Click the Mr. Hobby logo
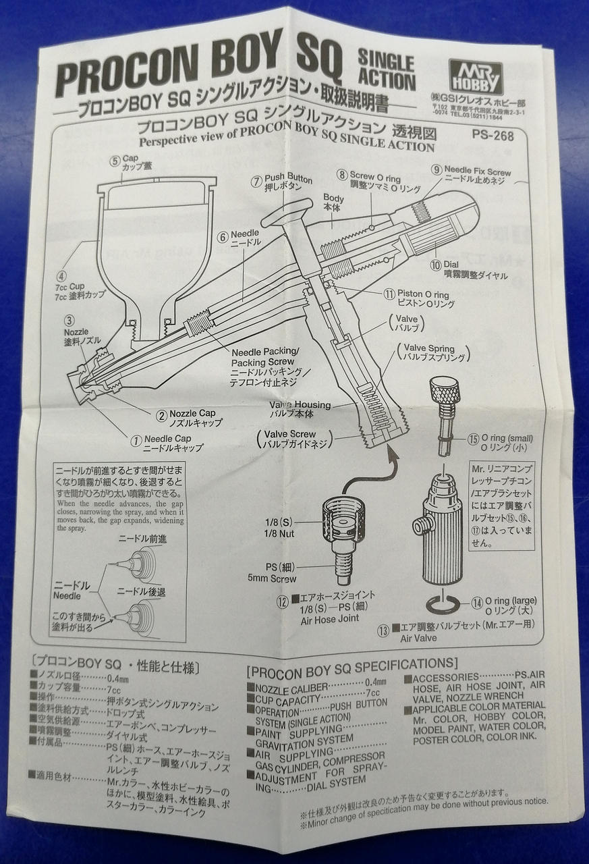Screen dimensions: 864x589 click(x=475, y=77)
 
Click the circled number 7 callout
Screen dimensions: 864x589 click(x=256, y=180)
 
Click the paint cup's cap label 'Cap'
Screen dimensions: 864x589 click(x=130, y=160)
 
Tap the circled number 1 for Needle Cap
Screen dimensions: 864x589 click(x=138, y=440)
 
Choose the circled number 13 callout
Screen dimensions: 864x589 click(x=383, y=631)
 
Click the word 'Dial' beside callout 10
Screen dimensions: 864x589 click(x=451, y=263)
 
